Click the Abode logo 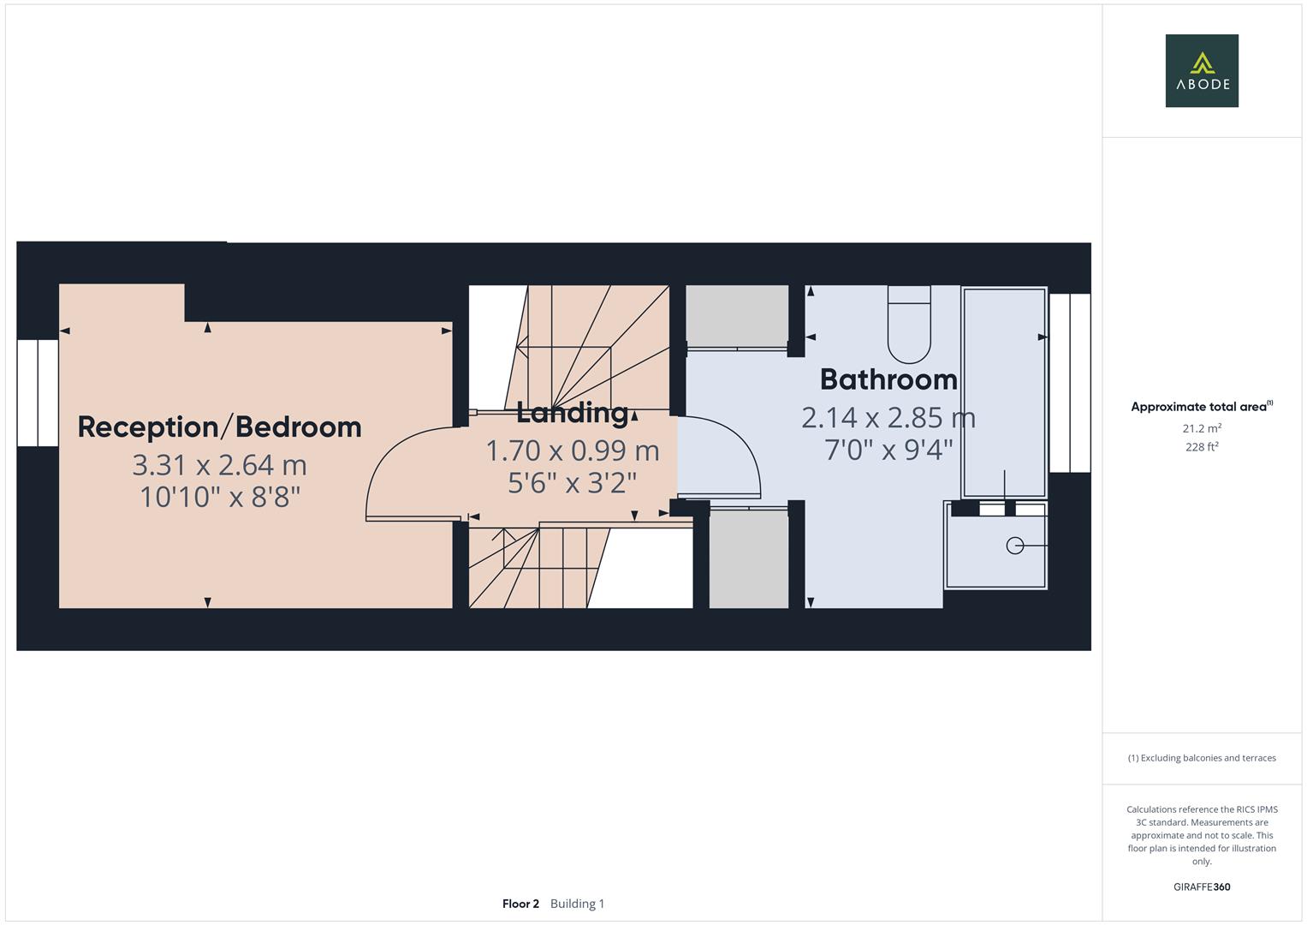(x=1201, y=70)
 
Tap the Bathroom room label (x=888, y=379)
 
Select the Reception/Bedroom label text (x=219, y=427)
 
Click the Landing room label (x=572, y=413)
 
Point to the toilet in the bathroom (x=909, y=325)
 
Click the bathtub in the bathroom (x=1004, y=392)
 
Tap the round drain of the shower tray (x=1015, y=546)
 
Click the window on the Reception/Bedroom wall (x=38, y=393)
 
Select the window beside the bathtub (x=1070, y=383)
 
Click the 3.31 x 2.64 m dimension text (x=219, y=465)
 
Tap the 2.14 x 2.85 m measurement (x=888, y=418)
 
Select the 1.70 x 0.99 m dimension (x=572, y=451)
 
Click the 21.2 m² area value (x=1202, y=428)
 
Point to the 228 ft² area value (x=1202, y=446)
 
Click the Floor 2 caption (x=520, y=904)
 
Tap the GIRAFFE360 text (x=1202, y=887)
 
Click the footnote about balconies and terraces (x=1202, y=758)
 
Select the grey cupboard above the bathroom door (x=737, y=315)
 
